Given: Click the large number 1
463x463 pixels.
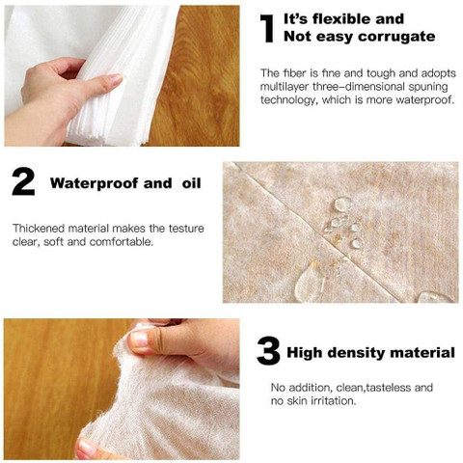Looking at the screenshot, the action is click(267, 28).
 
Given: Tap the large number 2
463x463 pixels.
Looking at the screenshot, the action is click(23, 182).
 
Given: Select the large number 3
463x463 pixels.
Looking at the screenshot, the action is click(268, 351).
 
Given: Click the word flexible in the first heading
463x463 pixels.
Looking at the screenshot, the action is click(342, 19).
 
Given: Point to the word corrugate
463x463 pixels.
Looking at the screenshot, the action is click(396, 37).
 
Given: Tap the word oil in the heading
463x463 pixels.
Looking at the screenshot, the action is click(191, 183).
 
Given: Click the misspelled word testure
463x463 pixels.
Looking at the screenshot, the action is click(187, 229).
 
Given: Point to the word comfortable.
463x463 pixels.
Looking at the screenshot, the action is click(122, 242).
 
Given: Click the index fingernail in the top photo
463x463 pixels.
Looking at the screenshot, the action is click(115, 79).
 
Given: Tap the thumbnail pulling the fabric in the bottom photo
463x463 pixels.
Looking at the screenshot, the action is click(140, 339).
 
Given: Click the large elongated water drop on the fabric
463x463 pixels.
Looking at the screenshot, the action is click(310, 282).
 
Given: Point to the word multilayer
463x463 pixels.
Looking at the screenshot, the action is click(285, 87).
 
